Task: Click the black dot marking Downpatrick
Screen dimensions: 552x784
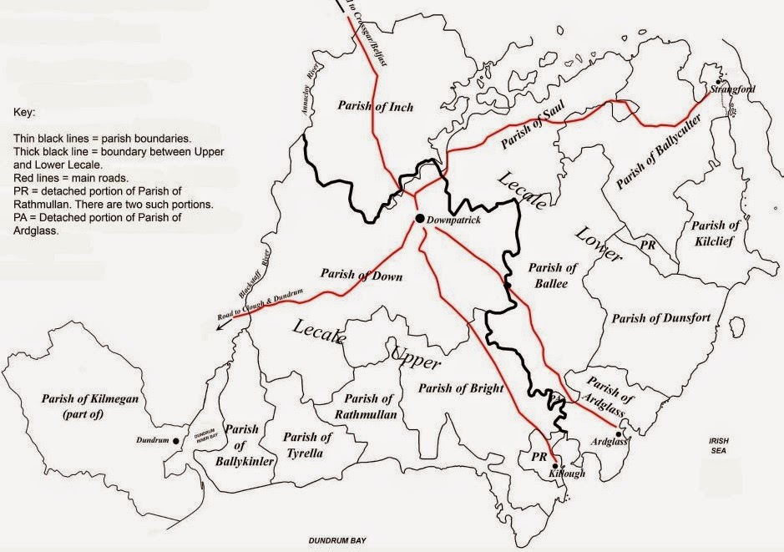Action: click(x=418, y=219)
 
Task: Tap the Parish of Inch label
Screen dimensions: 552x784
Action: click(x=376, y=106)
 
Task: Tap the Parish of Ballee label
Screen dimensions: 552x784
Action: click(x=548, y=276)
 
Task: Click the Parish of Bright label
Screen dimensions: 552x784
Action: click(x=461, y=387)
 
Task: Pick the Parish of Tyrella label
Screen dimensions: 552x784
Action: click(x=307, y=445)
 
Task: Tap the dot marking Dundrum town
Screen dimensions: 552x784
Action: click(x=175, y=440)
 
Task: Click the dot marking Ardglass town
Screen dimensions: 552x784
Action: click(x=618, y=433)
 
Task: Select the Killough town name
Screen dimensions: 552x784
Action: click(x=568, y=474)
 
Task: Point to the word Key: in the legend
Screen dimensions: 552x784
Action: click(x=25, y=109)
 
